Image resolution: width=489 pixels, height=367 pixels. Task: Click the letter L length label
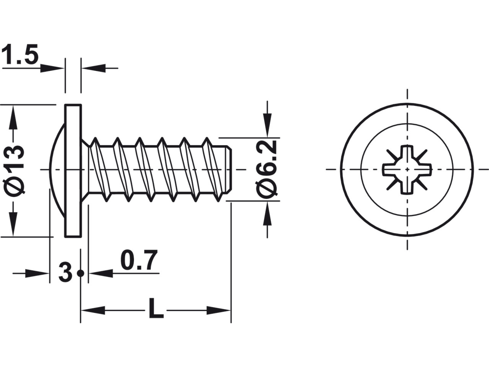(x=156, y=308)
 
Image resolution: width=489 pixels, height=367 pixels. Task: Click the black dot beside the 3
(x=80, y=273)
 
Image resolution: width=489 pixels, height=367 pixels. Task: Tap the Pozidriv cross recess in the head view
(x=407, y=170)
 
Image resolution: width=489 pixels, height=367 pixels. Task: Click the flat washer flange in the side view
(x=73, y=170)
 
